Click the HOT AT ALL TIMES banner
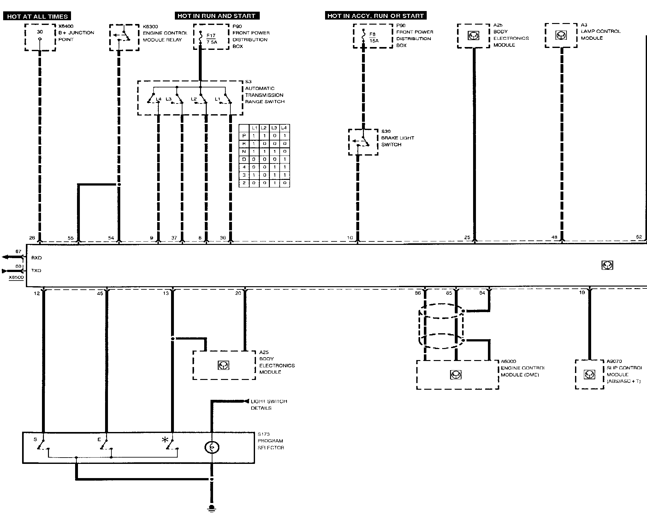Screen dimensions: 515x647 37,16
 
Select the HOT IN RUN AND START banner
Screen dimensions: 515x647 217,16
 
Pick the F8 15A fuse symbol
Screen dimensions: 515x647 364,37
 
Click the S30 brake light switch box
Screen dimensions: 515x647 363,142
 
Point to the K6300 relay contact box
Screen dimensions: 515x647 124,37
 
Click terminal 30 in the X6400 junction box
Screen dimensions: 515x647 40,32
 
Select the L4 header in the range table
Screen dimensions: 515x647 284,128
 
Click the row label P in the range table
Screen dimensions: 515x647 244,136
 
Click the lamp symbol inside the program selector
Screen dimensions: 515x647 212,447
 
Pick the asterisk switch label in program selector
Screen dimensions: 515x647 165,440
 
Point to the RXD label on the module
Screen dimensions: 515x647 36,258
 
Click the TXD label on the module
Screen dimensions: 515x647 36,270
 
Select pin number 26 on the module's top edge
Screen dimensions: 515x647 32,238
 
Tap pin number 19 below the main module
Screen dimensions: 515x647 582,293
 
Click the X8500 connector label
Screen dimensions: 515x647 16,278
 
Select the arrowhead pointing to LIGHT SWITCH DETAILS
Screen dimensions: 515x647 246,401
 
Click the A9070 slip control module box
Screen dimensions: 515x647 589,375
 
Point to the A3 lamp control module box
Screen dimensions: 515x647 561,35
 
